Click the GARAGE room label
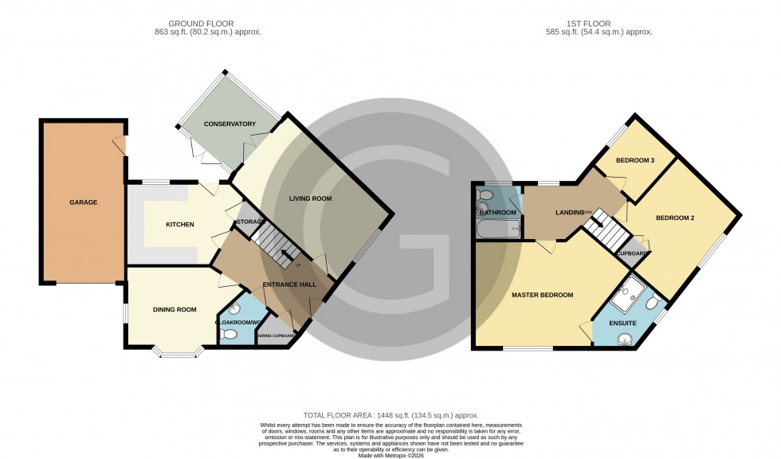[x=82, y=202]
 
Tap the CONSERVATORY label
[x=229, y=124]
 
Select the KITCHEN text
[x=180, y=224]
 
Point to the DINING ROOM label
[x=175, y=310]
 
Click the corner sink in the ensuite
[x=625, y=339]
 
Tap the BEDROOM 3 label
[x=635, y=161]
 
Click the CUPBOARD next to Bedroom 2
[x=634, y=253]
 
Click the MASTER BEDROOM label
[x=542, y=296]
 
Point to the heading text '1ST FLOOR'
[x=596, y=23]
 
